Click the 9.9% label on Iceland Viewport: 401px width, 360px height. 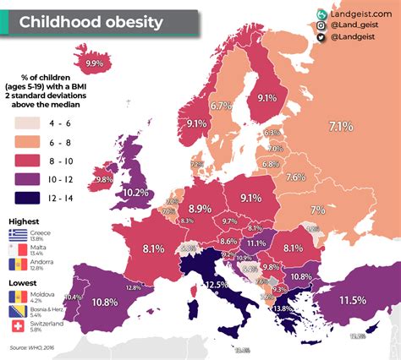[95, 63]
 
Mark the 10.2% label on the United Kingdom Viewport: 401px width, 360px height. [136, 192]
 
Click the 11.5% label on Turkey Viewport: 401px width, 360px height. [352, 300]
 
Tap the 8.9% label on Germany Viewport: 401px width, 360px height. [200, 209]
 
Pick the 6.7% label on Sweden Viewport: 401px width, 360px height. [221, 106]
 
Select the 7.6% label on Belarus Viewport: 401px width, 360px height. [295, 177]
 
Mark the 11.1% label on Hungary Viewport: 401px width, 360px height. [256, 243]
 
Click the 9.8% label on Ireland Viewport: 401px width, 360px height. [103, 179]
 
